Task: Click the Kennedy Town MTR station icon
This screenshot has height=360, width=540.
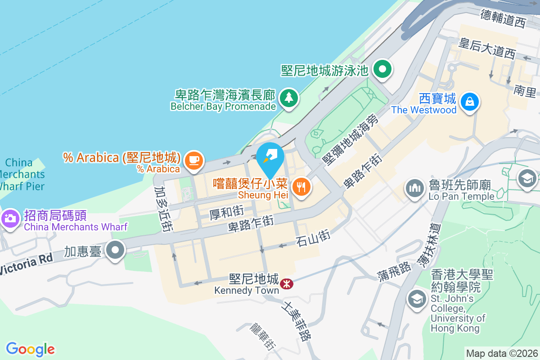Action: point(286,284)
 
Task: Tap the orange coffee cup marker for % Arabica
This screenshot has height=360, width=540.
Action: point(194,160)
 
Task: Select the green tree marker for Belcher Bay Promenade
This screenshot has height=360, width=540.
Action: point(288,98)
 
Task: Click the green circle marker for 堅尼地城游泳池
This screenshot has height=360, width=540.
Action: point(383,70)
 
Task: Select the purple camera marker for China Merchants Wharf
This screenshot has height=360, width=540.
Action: point(9,219)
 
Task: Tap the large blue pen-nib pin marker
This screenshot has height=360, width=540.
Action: point(270,158)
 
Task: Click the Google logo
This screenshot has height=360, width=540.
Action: point(31,349)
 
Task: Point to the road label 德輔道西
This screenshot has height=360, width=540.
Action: point(503,18)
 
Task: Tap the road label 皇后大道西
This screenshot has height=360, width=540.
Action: point(486,49)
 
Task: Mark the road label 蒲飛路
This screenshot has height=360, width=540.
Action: point(394,269)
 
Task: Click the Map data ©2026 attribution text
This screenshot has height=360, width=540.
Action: point(502,353)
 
